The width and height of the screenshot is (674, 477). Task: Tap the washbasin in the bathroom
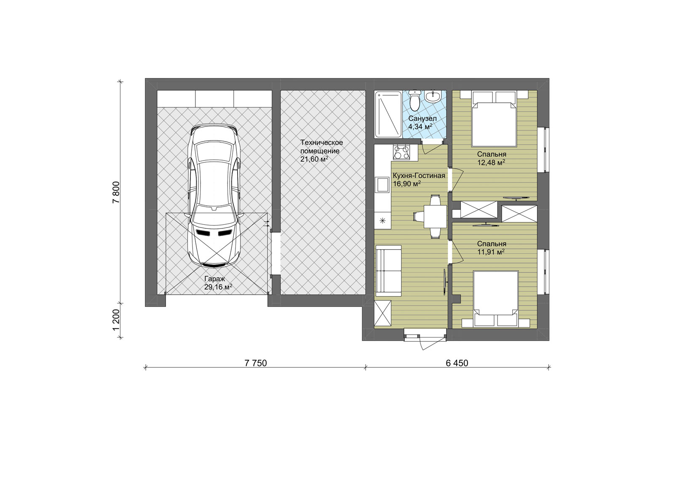point(433,96)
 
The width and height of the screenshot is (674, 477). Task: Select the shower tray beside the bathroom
point(388,115)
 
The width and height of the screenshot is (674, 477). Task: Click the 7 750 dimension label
point(255,363)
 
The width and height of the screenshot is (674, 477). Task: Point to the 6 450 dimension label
point(457,363)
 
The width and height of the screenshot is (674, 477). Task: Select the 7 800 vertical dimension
point(116,192)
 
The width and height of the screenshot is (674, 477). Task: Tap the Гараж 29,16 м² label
point(218,283)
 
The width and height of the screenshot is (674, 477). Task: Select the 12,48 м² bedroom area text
point(491,163)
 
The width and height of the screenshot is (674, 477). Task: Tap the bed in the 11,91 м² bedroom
point(495,299)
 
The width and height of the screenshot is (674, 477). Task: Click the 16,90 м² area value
point(407,184)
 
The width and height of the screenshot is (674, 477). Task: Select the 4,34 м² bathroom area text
point(420,126)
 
